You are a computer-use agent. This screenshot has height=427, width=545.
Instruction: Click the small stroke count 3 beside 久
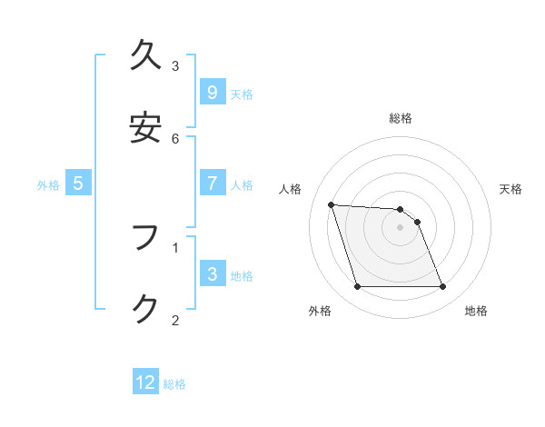tap(175, 65)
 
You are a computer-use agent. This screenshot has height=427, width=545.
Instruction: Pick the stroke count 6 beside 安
tap(175, 138)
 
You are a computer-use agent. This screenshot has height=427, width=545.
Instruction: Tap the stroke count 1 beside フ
tap(175, 246)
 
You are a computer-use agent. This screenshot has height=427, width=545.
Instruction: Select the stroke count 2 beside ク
tap(175, 320)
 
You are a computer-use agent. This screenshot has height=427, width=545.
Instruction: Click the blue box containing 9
tap(212, 92)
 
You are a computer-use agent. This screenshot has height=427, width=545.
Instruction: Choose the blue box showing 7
tap(212, 184)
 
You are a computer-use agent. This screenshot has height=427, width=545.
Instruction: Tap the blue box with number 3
tap(212, 273)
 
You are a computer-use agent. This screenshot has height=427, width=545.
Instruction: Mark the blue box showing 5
tap(78, 184)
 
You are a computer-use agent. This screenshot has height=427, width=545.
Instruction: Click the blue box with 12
tap(145, 382)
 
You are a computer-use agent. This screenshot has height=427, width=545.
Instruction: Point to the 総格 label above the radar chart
tap(401, 118)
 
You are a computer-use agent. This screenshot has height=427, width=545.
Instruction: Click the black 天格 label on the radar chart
tap(510, 189)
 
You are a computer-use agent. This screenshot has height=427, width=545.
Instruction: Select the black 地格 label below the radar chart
tap(476, 311)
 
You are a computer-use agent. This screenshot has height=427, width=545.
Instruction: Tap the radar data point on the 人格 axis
tap(331, 204)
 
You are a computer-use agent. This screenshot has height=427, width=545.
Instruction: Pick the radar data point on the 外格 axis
tap(357, 287)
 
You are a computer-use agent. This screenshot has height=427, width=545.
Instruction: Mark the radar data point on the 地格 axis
tap(442, 287)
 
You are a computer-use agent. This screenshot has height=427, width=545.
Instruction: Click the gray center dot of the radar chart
tap(400, 227)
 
